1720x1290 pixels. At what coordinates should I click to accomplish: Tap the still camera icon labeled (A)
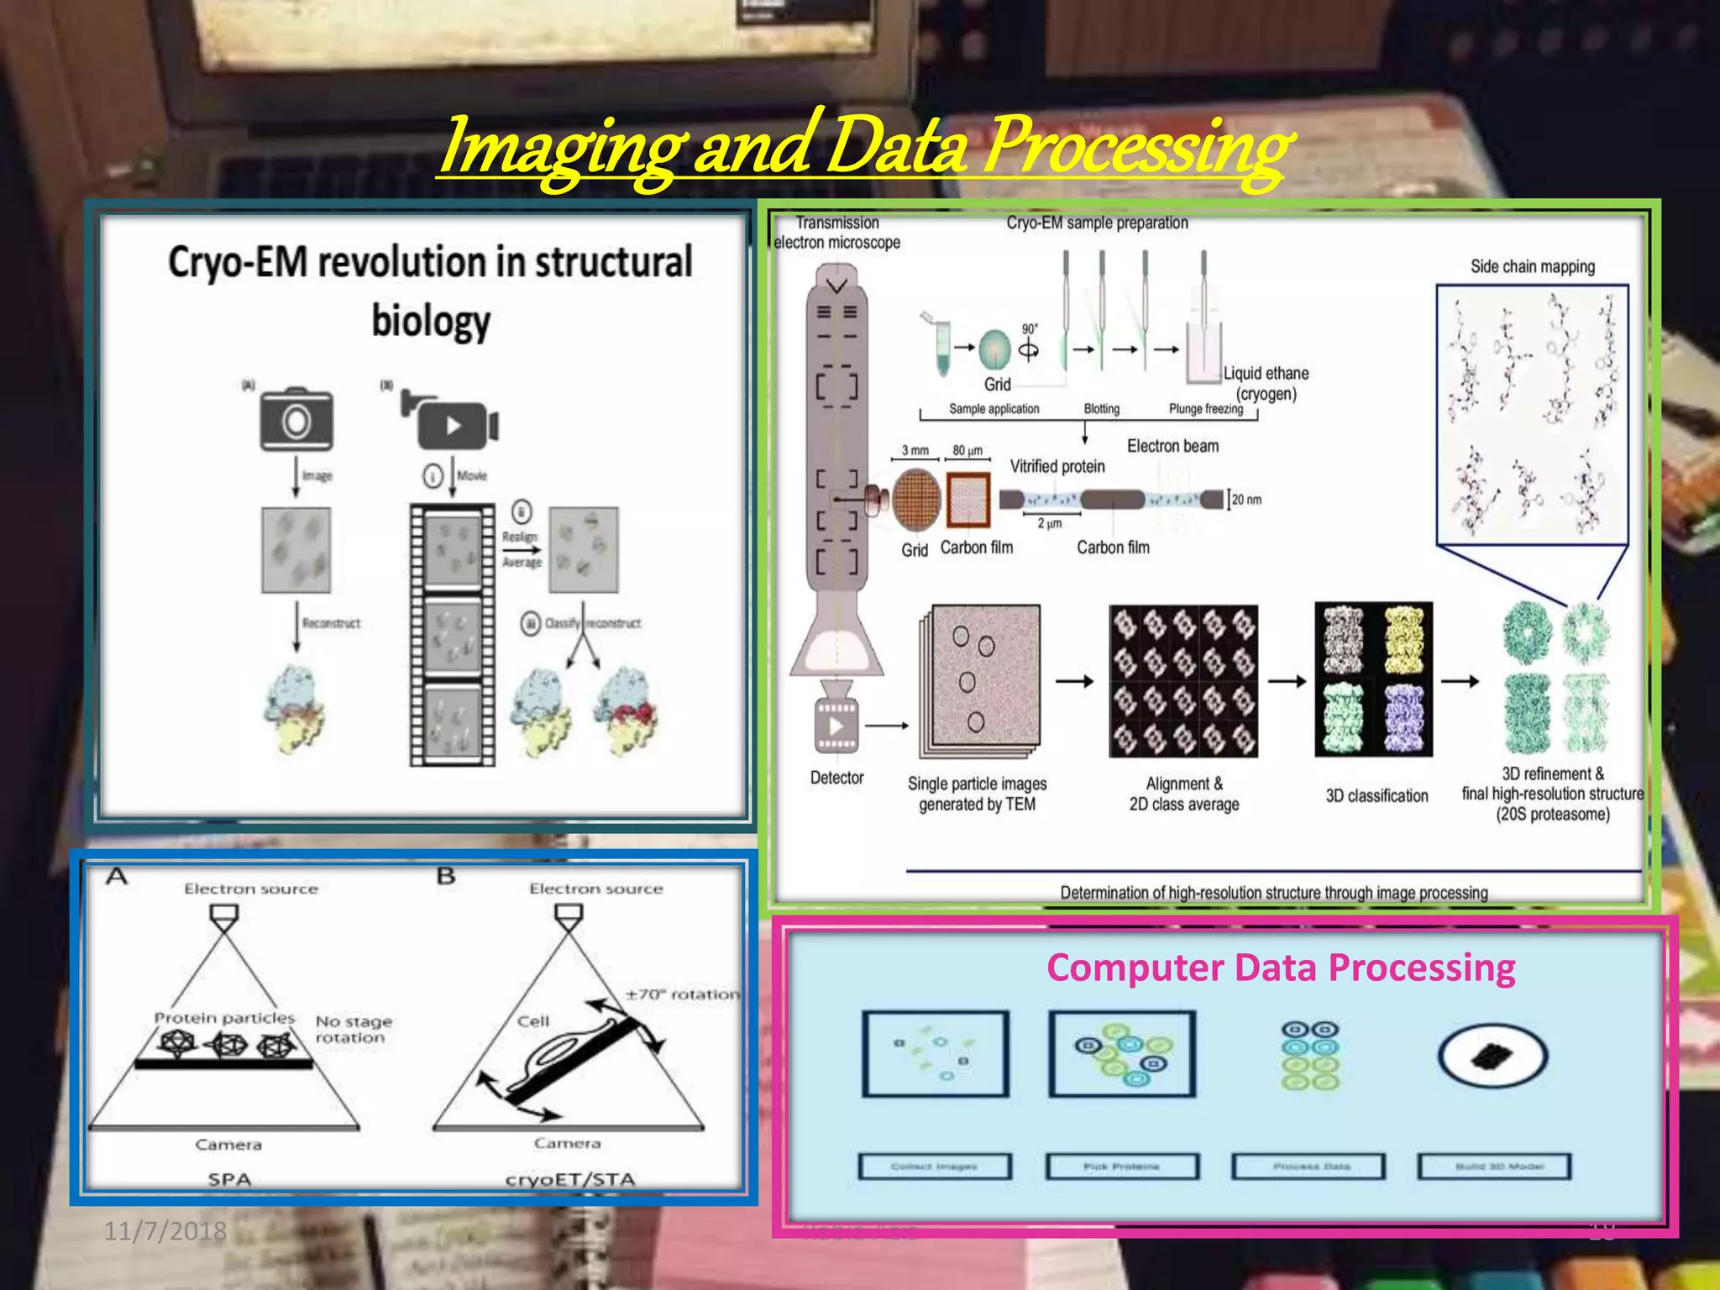[x=296, y=420]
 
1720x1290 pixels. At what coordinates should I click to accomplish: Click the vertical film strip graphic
[x=452, y=635]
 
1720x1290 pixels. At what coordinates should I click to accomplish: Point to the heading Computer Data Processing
[x=1280, y=967]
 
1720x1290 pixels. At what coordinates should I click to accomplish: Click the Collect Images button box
[x=934, y=1167]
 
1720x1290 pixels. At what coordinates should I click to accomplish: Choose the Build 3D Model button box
[x=1493, y=1167]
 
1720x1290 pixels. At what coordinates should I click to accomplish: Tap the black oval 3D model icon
[x=1492, y=1056]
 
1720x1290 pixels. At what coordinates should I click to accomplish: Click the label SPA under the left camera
[x=229, y=1178]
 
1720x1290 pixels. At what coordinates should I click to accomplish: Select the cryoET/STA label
[x=569, y=1179]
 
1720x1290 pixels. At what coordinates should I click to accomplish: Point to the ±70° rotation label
[x=681, y=994]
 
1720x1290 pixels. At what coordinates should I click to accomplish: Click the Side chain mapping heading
[x=1532, y=266]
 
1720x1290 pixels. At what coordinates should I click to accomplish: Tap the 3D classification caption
[x=1376, y=795]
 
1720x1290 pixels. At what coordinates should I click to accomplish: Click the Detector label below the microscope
[x=836, y=778]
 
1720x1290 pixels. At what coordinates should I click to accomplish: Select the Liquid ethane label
[x=1266, y=374]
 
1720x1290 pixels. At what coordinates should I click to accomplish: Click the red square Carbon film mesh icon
[x=968, y=500]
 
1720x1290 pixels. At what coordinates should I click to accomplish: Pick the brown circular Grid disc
[x=916, y=500]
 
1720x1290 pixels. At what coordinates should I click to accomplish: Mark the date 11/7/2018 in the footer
[x=165, y=1231]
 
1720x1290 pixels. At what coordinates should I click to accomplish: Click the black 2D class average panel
[x=1182, y=680]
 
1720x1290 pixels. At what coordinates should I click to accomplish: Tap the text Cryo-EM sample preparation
[x=1097, y=223]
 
